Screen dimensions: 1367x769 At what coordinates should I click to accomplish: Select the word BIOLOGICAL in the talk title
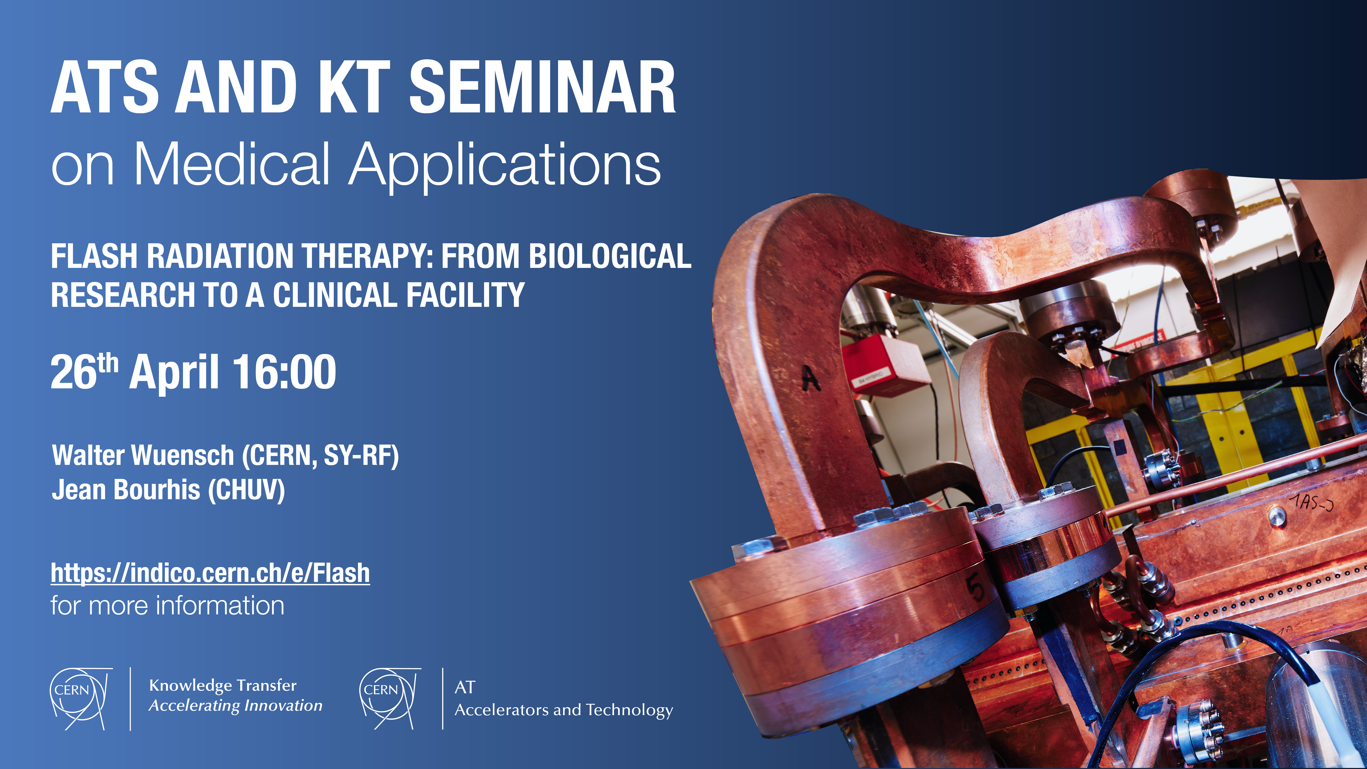tap(610, 256)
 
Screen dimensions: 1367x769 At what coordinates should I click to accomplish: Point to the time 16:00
tap(284, 372)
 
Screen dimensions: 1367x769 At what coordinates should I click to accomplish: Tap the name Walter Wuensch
tap(143, 455)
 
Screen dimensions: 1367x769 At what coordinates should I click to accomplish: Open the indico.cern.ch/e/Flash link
tap(210, 573)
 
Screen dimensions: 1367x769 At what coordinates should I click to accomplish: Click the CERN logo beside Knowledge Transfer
tap(81, 698)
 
